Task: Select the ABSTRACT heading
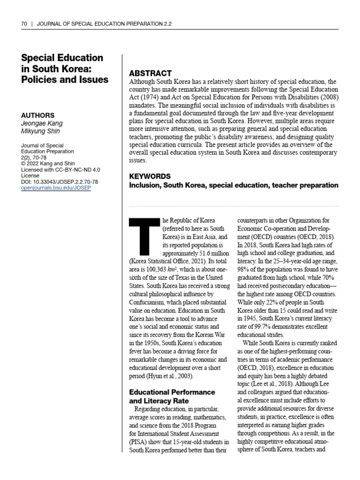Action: [x=150, y=73]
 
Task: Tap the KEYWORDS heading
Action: [x=150, y=176]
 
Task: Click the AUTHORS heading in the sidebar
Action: [x=38, y=115]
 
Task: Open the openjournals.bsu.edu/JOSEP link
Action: [x=56, y=187]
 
